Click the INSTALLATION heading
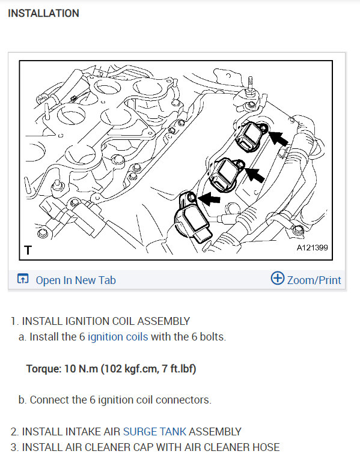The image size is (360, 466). click(43, 13)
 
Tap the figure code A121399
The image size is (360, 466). click(312, 247)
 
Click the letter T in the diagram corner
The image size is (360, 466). click(28, 250)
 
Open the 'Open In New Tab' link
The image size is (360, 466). click(76, 280)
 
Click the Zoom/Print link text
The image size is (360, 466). click(314, 280)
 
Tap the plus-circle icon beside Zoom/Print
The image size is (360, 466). click(278, 278)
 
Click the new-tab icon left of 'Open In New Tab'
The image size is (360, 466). click(23, 279)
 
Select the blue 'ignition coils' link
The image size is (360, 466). click(118, 337)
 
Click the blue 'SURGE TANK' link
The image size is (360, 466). click(154, 432)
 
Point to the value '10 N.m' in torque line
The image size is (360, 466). click(81, 369)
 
